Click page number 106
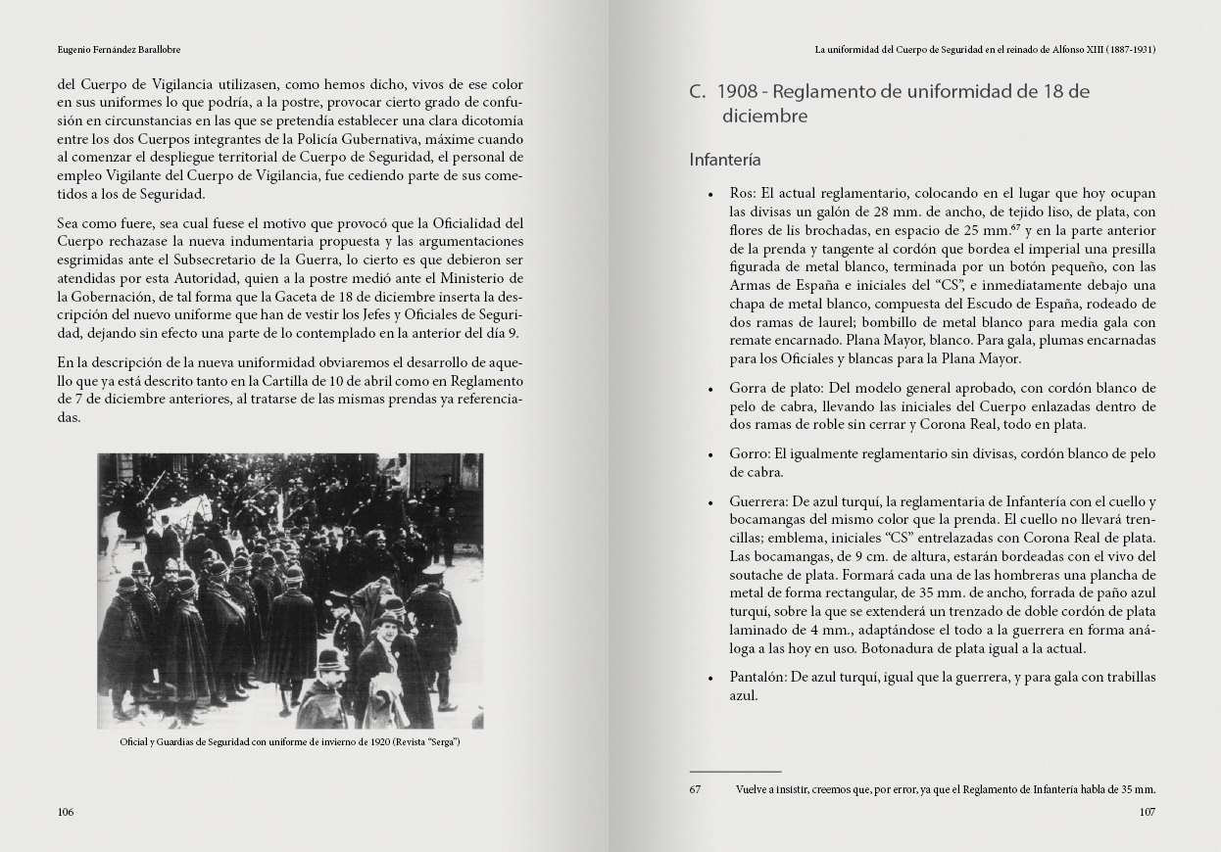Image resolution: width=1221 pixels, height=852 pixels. tap(66, 812)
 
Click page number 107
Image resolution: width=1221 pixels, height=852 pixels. tap(1147, 812)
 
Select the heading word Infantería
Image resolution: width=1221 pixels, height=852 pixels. tap(725, 160)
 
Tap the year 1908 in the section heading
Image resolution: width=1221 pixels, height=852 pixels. tap(737, 92)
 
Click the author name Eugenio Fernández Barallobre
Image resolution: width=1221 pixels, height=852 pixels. tap(119, 49)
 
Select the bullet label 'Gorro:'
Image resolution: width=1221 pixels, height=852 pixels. tap(750, 454)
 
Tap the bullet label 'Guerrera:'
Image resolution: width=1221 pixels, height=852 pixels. tap(758, 502)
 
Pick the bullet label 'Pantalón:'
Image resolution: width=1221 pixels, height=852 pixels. tap(757, 678)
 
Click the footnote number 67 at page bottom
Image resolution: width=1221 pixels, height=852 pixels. tap(696, 789)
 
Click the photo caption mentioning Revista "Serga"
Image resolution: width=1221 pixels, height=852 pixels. tap(289, 742)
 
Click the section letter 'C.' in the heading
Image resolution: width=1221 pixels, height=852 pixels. tap(698, 92)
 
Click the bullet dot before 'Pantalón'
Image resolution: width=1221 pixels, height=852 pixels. tap(709, 679)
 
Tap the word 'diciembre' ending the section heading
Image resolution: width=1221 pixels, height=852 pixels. tap(764, 117)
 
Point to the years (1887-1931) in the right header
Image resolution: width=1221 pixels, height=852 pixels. tap(1131, 49)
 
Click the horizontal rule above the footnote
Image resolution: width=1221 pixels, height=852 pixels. tap(735, 772)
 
